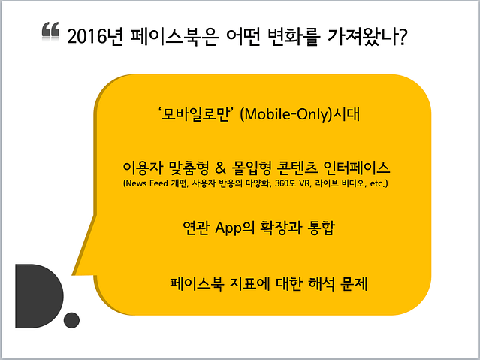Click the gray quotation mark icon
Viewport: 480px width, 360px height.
pyautogui.click(x=50, y=30)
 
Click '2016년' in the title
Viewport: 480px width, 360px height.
pyautogui.click(x=95, y=37)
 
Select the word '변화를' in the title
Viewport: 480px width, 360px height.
pyautogui.click(x=294, y=37)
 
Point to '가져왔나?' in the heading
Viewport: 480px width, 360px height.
pyautogui.click(x=367, y=37)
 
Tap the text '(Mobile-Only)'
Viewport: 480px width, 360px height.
pyautogui.click(x=286, y=114)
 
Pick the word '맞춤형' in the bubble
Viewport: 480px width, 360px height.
pyautogui.click(x=189, y=168)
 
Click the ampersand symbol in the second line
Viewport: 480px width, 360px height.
pyautogui.click(x=220, y=168)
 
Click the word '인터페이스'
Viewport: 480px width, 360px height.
pyautogui.click(x=356, y=168)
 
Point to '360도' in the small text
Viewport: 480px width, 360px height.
pyautogui.click(x=285, y=183)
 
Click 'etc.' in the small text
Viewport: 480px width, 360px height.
pyautogui.click(x=377, y=183)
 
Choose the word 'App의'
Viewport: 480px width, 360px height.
pyautogui.click(x=235, y=228)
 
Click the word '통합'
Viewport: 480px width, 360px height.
pyautogui.click(x=322, y=228)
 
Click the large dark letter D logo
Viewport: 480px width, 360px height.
pyautogui.click(x=40, y=296)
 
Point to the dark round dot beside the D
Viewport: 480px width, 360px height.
pyautogui.click(x=71, y=320)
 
